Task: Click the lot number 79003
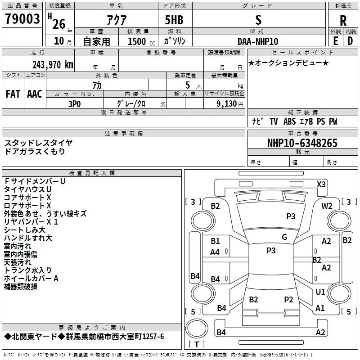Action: [x=22, y=18]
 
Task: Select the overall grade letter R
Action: [x=343, y=20]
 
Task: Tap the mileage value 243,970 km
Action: [x=53, y=65]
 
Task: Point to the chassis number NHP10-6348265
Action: [x=302, y=143]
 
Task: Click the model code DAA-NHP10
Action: [x=258, y=41]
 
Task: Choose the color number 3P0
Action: [x=75, y=104]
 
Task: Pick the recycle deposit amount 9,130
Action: [x=227, y=104]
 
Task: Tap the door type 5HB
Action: [x=174, y=20]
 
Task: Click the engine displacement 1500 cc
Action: [x=141, y=41]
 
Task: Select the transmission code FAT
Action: [x=13, y=94]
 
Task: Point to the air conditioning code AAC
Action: [x=35, y=94]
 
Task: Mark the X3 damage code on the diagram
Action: [x=321, y=184]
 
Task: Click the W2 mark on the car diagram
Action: [x=327, y=206]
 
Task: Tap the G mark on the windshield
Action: [x=284, y=237]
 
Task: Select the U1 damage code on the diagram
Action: [x=320, y=292]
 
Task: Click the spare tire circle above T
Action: [x=197, y=328]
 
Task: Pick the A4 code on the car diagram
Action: [x=215, y=252]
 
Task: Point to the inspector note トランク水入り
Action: [x=28, y=270]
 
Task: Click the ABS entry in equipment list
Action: [x=289, y=121]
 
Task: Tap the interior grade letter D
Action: [x=350, y=41]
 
